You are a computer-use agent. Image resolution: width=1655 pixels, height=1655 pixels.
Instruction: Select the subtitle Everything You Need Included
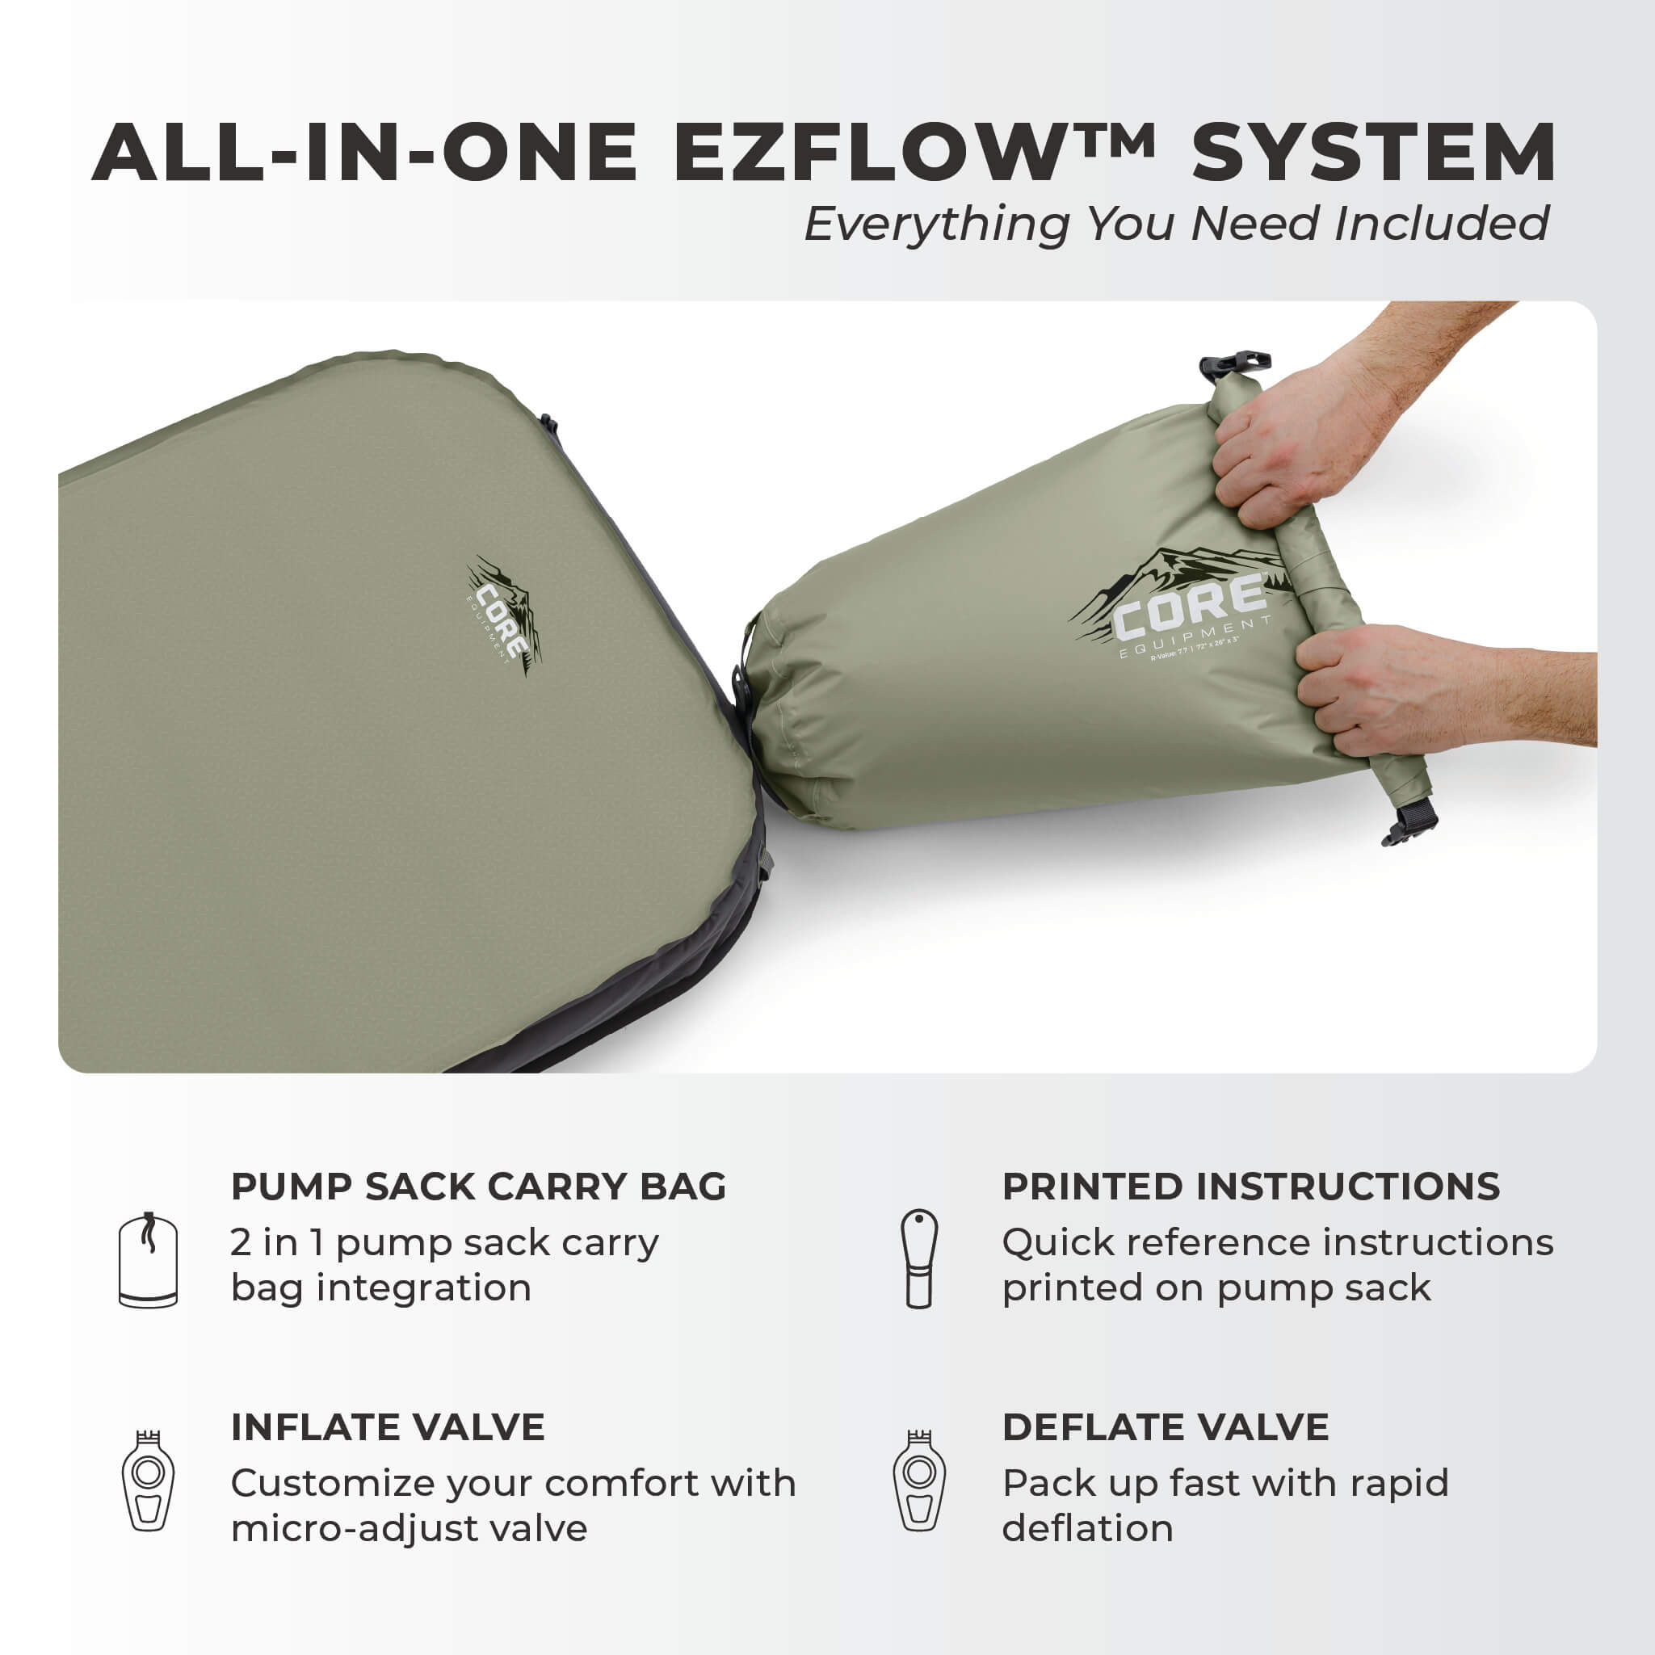click(x=1176, y=225)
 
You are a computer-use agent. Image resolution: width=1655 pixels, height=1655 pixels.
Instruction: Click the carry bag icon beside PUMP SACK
click(x=148, y=1259)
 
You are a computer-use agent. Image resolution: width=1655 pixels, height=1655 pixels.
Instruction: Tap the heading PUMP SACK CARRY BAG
click(x=478, y=1187)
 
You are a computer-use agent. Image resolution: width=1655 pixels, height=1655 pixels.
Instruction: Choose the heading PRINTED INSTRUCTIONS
click(x=1250, y=1187)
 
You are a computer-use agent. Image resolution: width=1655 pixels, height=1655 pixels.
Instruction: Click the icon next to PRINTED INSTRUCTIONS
click(x=919, y=1258)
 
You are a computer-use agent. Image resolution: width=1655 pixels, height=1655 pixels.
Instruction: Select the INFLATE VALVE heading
click(x=387, y=1427)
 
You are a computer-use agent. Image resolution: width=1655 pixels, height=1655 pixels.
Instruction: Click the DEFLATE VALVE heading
click(x=1165, y=1427)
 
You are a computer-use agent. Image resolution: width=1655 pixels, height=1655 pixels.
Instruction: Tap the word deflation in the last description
click(x=1087, y=1529)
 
